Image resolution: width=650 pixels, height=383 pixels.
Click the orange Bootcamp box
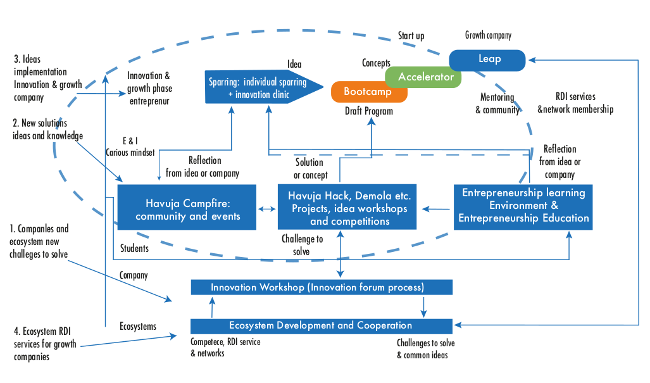coord(368,92)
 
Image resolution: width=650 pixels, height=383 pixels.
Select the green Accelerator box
coord(425,77)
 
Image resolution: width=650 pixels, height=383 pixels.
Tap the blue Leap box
coord(488,60)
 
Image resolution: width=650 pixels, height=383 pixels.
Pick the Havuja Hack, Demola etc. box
coord(347,207)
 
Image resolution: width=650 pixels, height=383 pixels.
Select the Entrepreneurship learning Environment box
coord(523,206)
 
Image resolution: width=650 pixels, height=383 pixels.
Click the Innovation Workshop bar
coord(322,287)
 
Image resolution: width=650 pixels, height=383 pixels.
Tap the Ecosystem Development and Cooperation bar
coord(322,326)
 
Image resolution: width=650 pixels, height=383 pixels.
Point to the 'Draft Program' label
coord(369,111)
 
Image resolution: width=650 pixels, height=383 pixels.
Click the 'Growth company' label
coord(488,35)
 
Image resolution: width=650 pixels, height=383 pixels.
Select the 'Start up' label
coord(411,36)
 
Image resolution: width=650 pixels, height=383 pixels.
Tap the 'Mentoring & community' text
coord(497,104)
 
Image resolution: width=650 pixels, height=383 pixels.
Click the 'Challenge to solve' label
coord(302,245)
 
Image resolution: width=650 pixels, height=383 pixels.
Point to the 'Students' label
coord(134,249)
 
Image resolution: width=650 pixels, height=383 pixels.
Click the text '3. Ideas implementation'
coord(40,66)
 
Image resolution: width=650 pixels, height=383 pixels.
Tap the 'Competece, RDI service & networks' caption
coord(225,348)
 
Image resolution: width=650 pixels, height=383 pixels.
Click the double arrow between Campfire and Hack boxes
coord(266,208)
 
